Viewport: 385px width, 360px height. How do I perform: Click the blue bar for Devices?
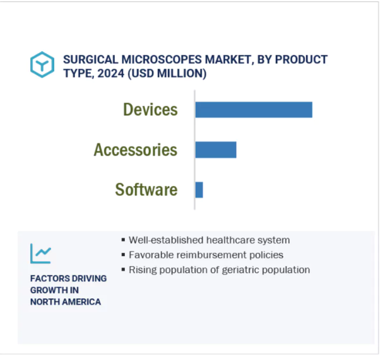coord(254,110)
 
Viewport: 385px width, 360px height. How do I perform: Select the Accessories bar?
coord(216,149)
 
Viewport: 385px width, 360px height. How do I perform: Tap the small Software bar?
coord(199,190)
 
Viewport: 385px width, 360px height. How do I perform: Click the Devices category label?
coord(150,109)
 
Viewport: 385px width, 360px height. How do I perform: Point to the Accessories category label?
coord(136,149)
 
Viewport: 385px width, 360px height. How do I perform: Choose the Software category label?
coord(146,190)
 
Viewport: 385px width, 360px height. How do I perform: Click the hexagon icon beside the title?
coord(42,64)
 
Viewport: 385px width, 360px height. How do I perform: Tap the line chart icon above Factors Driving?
coord(41,253)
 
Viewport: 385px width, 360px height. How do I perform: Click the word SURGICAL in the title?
coord(91,60)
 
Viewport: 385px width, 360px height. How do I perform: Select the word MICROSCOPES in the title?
coord(162,60)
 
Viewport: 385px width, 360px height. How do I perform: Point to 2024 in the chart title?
coord(111,73)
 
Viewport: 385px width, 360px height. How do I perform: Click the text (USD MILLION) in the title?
coord(167,74)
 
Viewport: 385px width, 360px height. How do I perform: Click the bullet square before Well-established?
coord(123,240)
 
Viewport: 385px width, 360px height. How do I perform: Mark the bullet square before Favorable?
coord(123,255)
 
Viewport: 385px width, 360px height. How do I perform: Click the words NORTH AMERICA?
coord(66,301)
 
